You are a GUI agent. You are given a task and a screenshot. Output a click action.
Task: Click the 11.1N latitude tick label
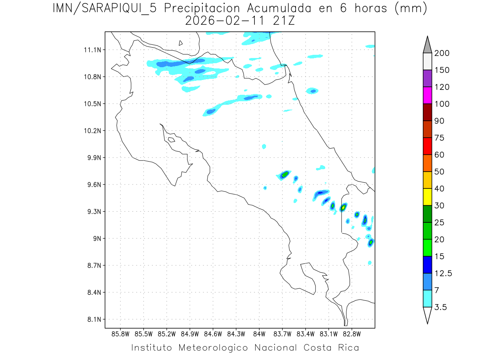click(92, 50)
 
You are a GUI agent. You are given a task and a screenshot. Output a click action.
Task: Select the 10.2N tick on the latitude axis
click(92, 131)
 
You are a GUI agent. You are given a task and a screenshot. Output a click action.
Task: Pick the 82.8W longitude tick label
click(352, 334)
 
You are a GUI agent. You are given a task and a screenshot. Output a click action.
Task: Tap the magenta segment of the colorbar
click(427, 96)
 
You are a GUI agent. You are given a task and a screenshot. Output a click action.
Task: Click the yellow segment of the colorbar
click(427, 197)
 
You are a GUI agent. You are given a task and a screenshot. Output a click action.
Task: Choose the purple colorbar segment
click(427, 79)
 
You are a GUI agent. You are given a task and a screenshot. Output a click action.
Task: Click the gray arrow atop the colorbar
click(427, 44)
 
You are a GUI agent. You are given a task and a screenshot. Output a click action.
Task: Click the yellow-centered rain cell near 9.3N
click(343, 207)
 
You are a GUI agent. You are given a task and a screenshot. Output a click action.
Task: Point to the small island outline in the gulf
click(171, 140)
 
